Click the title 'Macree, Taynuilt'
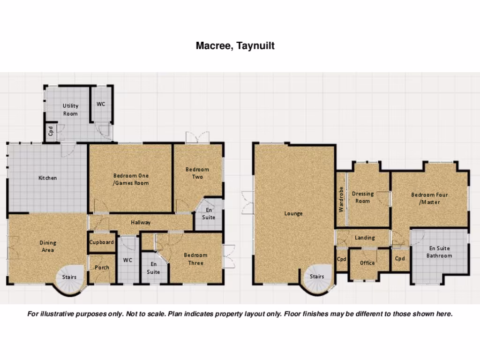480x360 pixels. [x=235, y=46]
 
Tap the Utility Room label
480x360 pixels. [x=70, y=110]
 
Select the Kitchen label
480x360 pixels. [x=47, y=178]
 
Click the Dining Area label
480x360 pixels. [x=47, y=246]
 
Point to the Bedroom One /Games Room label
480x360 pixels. [x=131, y=179]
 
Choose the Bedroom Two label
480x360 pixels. [x=197, y=173]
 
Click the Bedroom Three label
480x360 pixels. [x=195, y=259]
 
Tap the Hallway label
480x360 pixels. [x=141, y=223]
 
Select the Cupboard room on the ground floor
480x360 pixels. [x=102, y=242]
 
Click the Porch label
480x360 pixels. [x=102, y=268]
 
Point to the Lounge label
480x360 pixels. [x=293, y=213]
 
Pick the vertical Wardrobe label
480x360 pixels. [x=341, y=199]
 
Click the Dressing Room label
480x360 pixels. [x=363, y=197]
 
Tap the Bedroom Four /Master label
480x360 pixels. [x=429, y=198]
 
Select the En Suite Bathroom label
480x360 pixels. [x=439, y=252]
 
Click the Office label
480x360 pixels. [x=367, y=263]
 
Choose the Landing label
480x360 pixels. [x=365, y=238]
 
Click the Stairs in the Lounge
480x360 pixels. [x=317, y=277]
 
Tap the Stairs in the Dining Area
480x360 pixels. [x=69, y=277]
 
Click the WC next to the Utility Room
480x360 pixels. [x=101, y=104]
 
